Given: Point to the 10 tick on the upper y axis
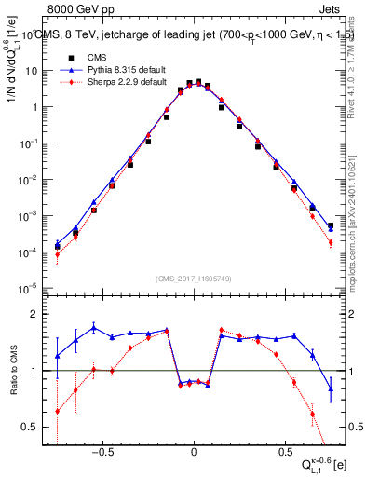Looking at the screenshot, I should pos(35,71).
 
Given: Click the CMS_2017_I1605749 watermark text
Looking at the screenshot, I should pos(193,279).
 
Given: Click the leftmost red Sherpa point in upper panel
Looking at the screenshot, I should pos(57,254).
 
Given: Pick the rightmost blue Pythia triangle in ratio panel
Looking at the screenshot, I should pos(331,388).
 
